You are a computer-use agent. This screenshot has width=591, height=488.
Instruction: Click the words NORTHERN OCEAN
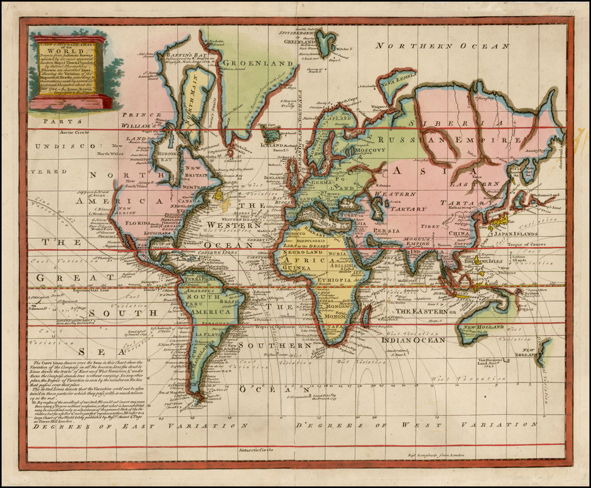(x=442, y=46)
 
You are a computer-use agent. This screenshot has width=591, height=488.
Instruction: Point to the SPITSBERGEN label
(x=300, y=33)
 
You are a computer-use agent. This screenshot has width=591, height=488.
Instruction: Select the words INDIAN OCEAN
(x=413, y=340)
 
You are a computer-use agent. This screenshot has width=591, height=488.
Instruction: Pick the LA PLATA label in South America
(x=205, y=335)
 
